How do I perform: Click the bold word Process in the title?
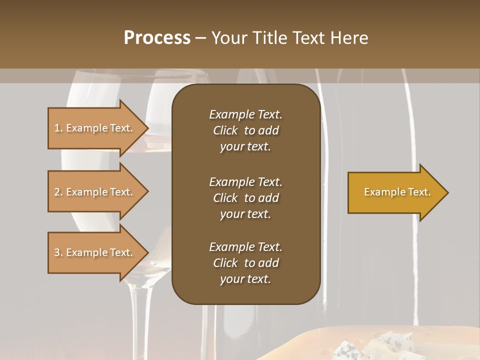pyautogui.click(x=156, y=38)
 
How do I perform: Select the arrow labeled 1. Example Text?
pyautogui.click(x=95, y=128)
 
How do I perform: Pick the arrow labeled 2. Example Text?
pyautogui.click(x=95, y=192)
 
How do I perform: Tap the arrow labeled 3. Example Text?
pyautogui.click(x=95, y=252)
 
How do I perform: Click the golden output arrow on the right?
pyautogui.click(x=395, y=192)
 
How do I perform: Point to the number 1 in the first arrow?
pyautogui.click(x=56, y=128)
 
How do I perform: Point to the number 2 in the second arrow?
pyautogui.click(x=56, y=192)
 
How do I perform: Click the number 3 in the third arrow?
pyautogui.click(x=56, y=252)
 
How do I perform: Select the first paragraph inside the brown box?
pyautogui.click(x=245, y=130)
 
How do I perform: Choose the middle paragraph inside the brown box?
pyautogui.click(x=245, y=198)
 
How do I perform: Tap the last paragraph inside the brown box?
pyautogui.click(x=245, y=263)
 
